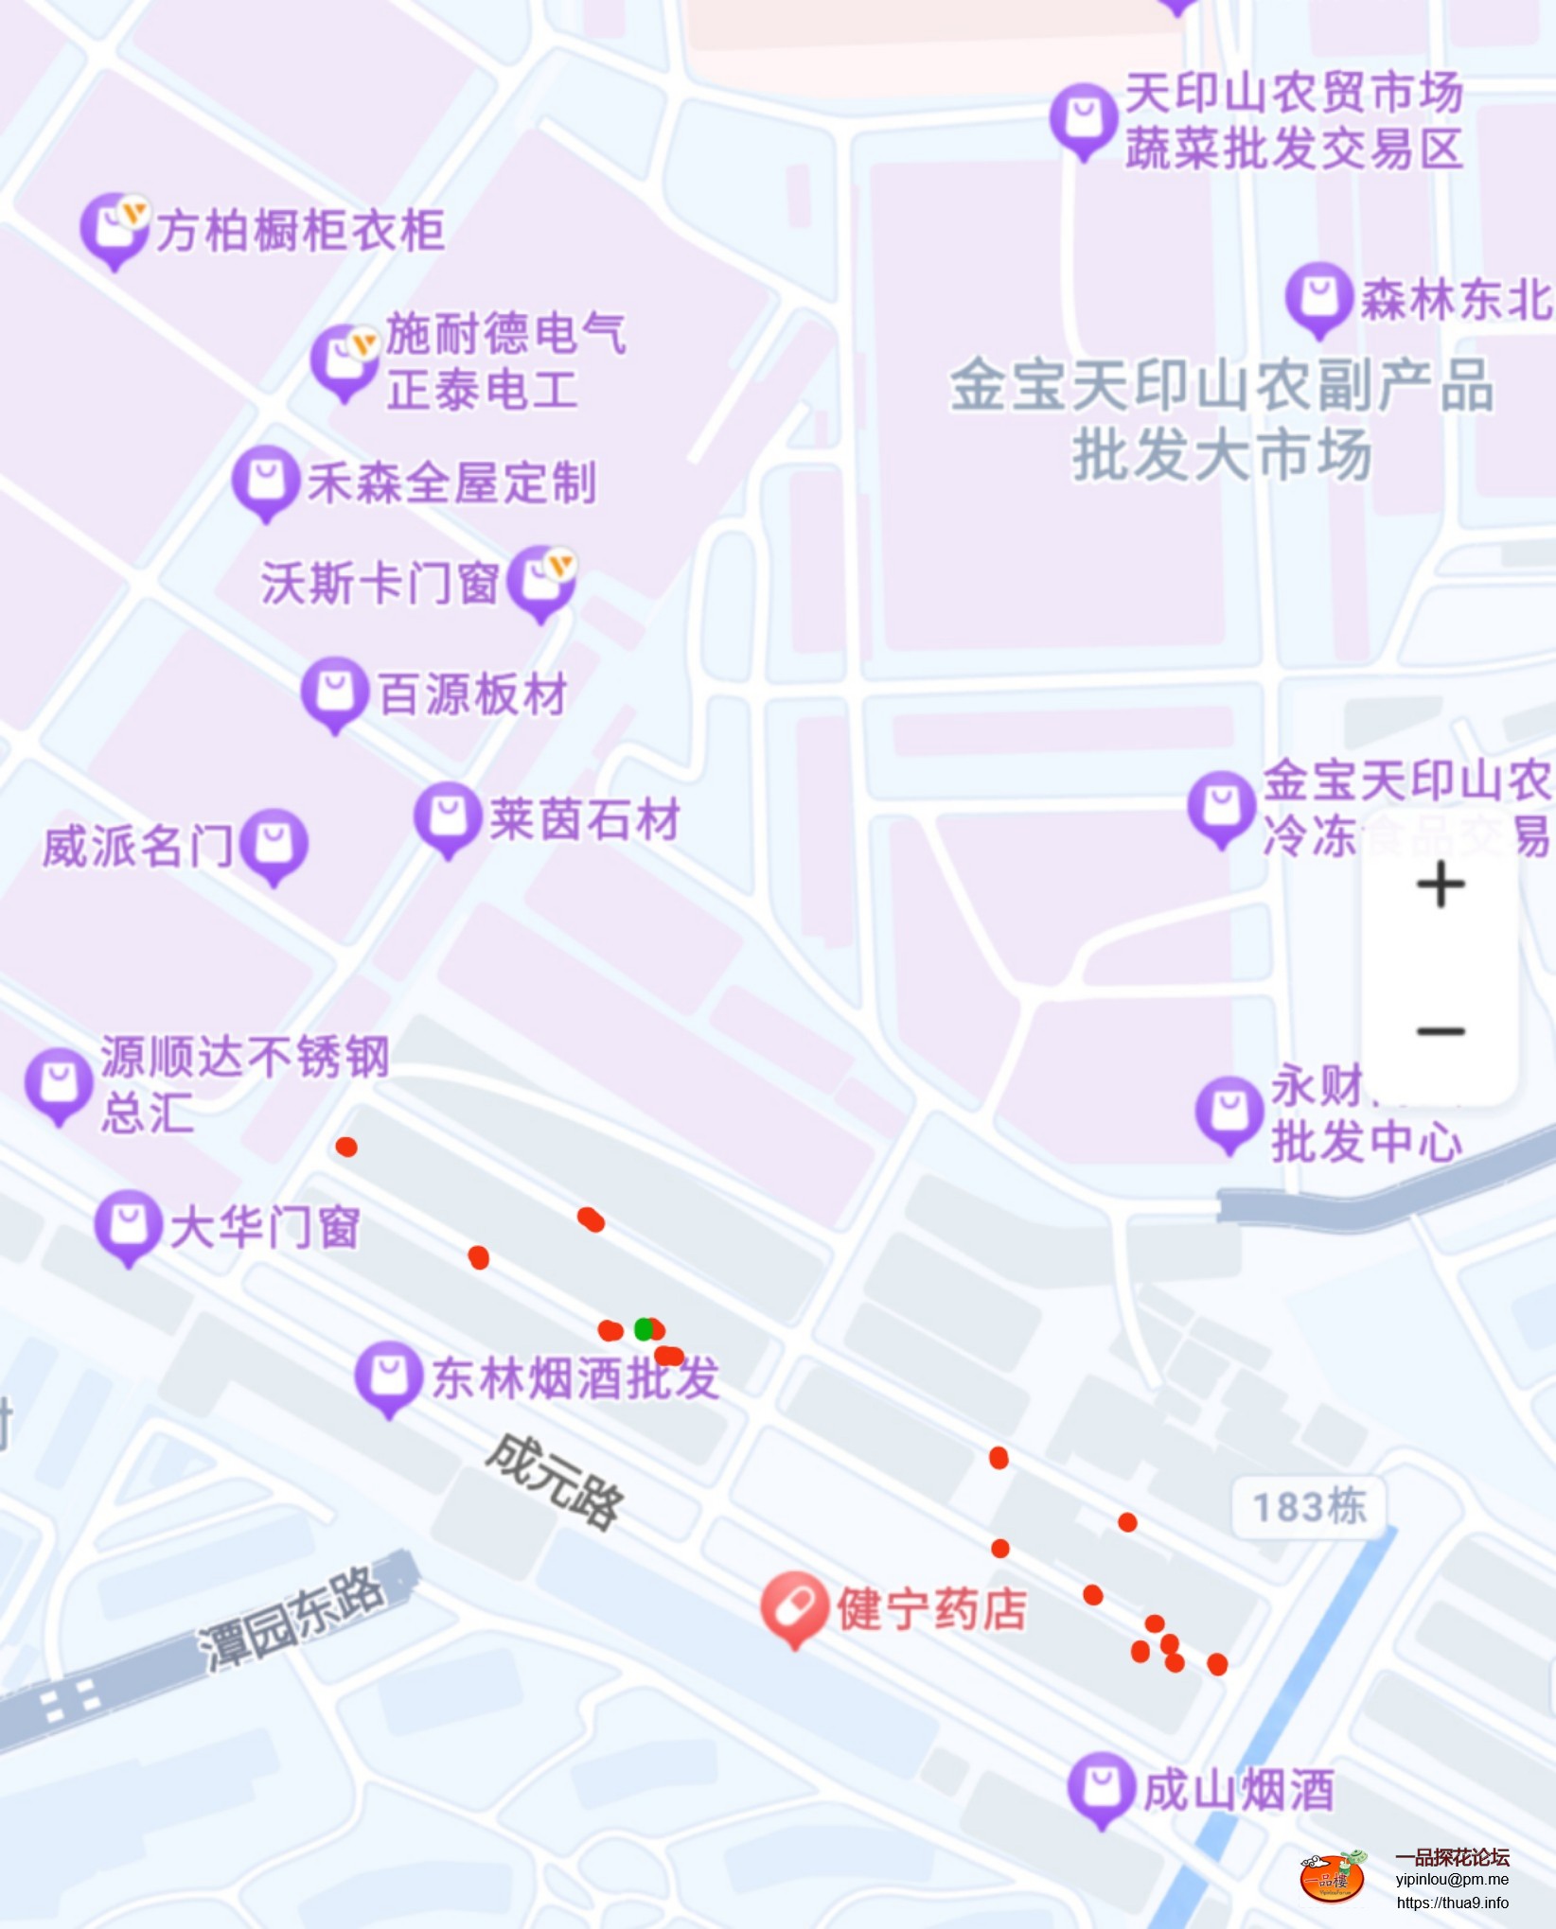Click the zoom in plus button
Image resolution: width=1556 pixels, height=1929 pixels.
pyautogui.click(x=1441, y=886)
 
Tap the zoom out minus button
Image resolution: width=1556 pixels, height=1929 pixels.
pyautogui.click(x=1441, y=1031)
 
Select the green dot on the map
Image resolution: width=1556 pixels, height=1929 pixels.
pyautogui.click(x=644, y=1329)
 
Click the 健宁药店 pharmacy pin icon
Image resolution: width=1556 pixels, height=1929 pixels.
pyautogui.click(x=795, y=1606)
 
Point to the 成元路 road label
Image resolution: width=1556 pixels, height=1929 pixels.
pyautogui.click(x=556, y=1482)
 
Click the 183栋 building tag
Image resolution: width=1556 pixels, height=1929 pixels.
pyautogui.click(x=1309, y=1507)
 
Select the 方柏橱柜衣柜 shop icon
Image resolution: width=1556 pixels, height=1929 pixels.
pyautogui.click(x=114, y=229)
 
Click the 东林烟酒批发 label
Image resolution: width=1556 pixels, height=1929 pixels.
pyautogui.click(x=575, y=1377)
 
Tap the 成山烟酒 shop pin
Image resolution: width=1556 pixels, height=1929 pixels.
pyautogui.click(x=1101, y=1786)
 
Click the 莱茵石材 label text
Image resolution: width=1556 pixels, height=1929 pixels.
pyautogui.click(x=585, y=819)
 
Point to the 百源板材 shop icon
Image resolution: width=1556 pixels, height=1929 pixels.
pyautogui.click(x=334, y=692)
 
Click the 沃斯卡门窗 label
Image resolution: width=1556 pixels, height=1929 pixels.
pyautogui.click(x=380, y=583)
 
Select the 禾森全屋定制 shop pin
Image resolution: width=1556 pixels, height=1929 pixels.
pyautogui.click(x=266, y=480)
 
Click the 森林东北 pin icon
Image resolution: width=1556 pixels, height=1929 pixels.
pyautogui.click(x=1318, y=297)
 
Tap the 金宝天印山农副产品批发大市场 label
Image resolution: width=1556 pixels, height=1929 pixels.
pyautogui.click(x=1221, y=419)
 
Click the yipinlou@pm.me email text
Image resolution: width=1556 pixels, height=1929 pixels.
pyautogui.click(x=1452, y=1880)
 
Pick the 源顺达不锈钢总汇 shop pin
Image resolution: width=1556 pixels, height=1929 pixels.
pyautogui.click(x=59, y=1083)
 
